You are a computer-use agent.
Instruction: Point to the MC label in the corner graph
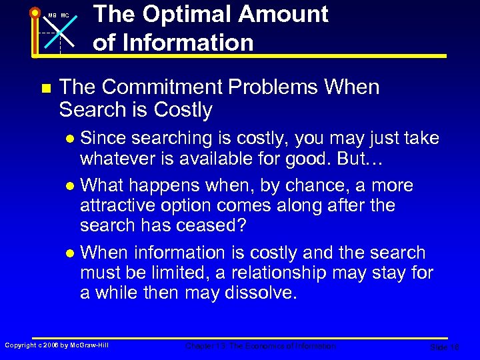tap(65, 15)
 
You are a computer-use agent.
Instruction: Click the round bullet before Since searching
tap(72, 139)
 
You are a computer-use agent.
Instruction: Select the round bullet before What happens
tap(72, 185)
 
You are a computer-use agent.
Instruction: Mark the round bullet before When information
tap(72, 253)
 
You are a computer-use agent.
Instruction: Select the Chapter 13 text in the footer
tap(202, 346)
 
